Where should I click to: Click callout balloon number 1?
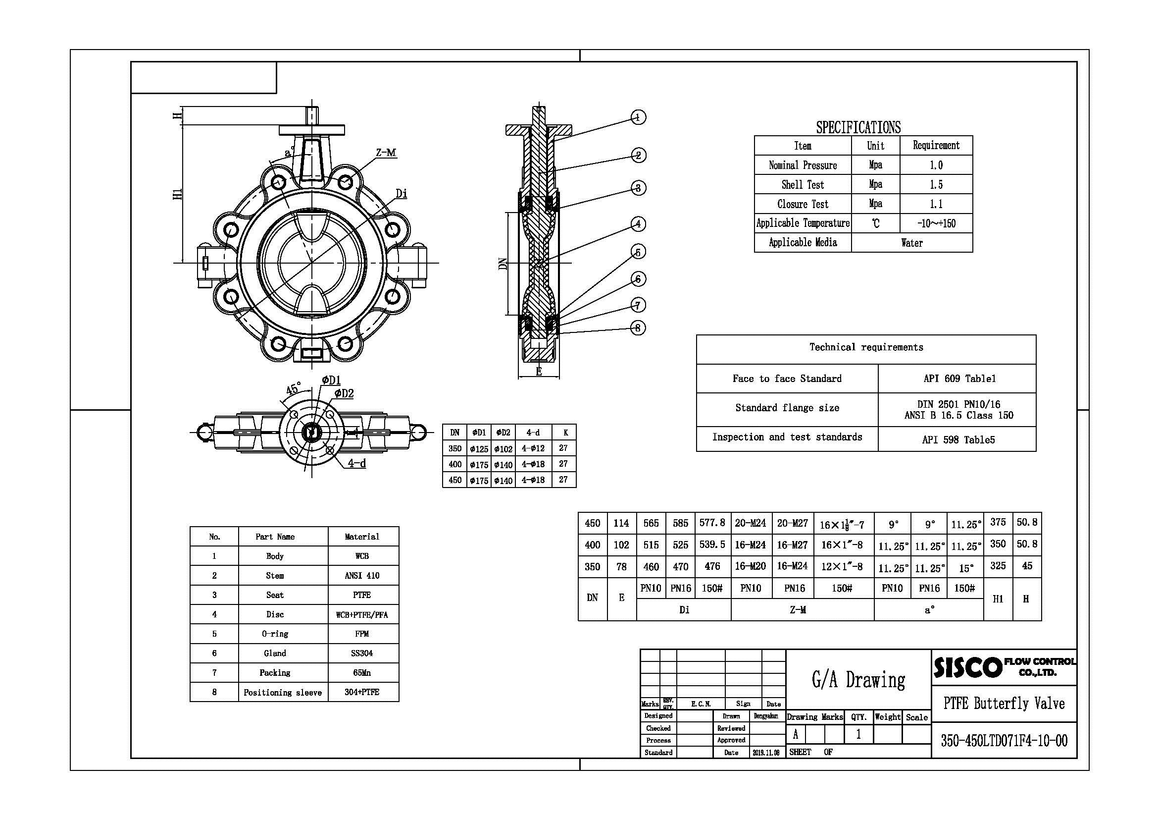pos(638,117)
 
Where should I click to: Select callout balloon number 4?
pos(638,223)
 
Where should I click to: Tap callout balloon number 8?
pos(638,328)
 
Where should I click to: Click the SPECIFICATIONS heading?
pos(858,127)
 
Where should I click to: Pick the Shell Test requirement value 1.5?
pos(936,185)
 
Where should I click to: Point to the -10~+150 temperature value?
pos(936,223)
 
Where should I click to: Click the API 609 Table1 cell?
pos(959,379)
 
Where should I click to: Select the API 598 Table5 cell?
pos(958,439)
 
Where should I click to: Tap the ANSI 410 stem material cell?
pos(362,575)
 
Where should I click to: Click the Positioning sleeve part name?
pos(282,692)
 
